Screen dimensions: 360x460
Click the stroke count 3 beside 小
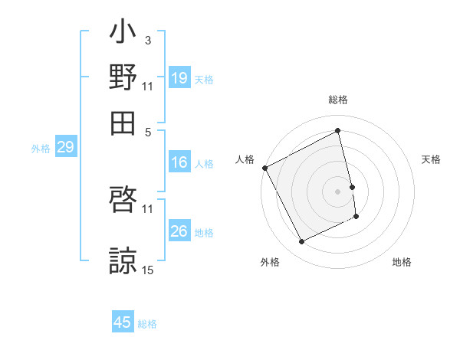(147, 40)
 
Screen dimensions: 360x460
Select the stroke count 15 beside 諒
(148, 270)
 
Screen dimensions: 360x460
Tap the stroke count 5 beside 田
(147, 130)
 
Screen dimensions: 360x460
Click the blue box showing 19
(179, 78)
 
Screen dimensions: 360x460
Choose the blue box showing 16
(179, 162)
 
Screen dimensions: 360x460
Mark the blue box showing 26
(179, 231)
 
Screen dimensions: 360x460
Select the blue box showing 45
(123, 322)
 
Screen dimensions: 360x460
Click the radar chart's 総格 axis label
(338, 100)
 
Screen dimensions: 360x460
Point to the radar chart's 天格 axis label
(431, 159)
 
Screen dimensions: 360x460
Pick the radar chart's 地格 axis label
(402, 262)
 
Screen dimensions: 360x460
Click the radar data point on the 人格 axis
(264, 168)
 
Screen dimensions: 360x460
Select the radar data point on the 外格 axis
(301, 242)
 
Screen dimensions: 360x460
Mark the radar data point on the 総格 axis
(338, 131)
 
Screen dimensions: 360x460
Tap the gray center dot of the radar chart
(338, 191)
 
